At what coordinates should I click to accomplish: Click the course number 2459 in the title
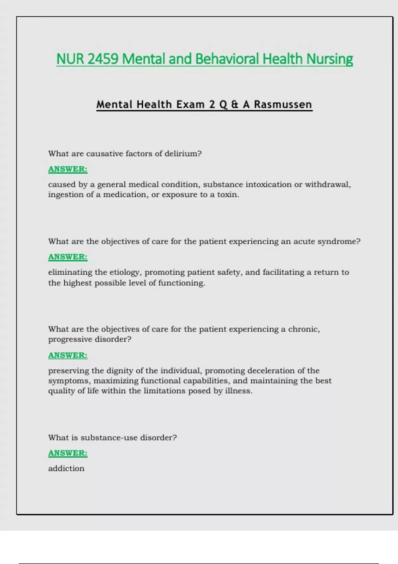tap(103, 59)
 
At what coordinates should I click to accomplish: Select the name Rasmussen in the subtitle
tap(283, 105)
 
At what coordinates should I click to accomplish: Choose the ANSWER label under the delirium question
tap(68, 169)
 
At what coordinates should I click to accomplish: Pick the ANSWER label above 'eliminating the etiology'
tap(68, 257)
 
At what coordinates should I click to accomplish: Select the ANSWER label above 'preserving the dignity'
tap(68, 355)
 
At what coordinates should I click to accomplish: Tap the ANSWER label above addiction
tap(68, 453)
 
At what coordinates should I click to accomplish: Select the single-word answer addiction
tap(66, 468)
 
